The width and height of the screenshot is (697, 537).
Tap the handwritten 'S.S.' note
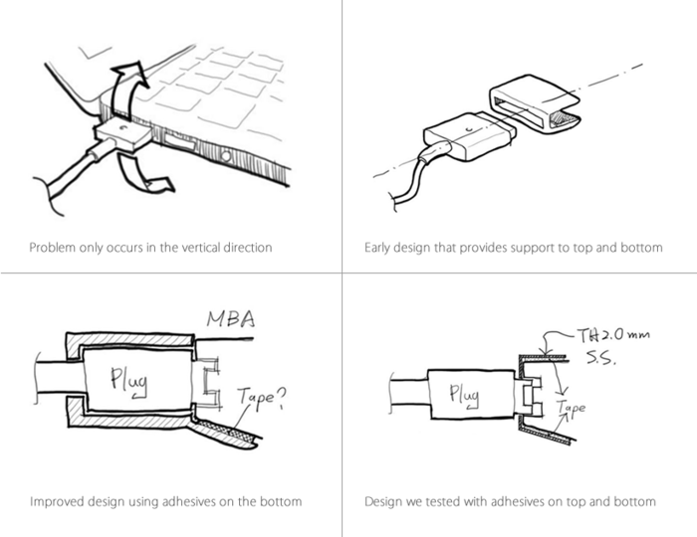[x=604, y=359]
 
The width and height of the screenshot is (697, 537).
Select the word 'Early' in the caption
[x=379, y=247]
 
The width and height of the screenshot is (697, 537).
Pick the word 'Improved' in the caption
[x=57, y=501]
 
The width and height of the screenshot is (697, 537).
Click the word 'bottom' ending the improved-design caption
[x=282, y=501]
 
